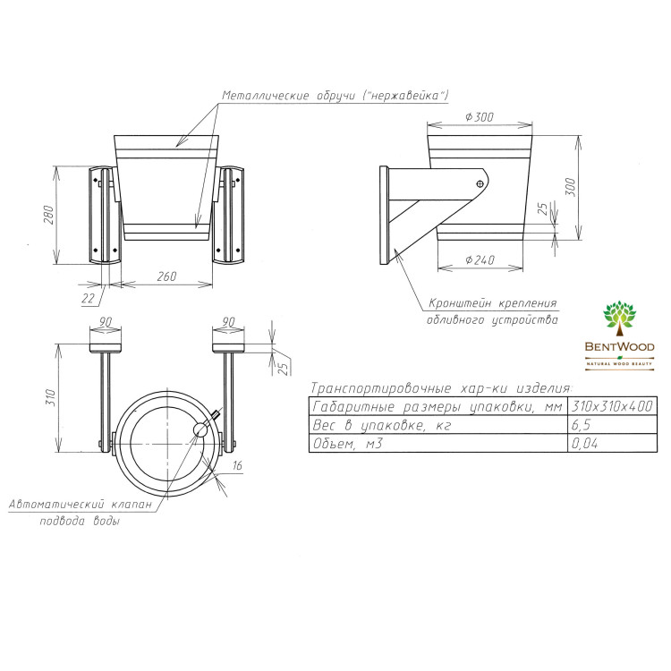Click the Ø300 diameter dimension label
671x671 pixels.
[480, 117]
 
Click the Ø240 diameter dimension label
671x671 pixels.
[480, 259]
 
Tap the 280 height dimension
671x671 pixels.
[49, 216]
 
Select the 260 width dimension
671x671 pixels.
[166, 276]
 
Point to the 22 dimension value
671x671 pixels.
[89, 298]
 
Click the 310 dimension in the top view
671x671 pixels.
[51, 397]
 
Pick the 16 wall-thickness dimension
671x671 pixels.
[237, 465]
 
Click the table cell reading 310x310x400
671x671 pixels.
[612, 405]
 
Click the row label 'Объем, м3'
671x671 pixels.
[348, 444]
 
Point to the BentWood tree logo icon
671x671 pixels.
[619, 319]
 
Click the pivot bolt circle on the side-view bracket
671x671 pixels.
[480, 184]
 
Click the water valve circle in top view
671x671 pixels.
[200, 429]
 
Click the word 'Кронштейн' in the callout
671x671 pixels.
[460, 303]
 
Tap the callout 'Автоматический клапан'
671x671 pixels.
[81, 504]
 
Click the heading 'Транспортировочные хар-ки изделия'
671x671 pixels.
[441, 388]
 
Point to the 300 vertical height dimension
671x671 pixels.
[571, 187]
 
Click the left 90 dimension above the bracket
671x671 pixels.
[106, 321]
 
